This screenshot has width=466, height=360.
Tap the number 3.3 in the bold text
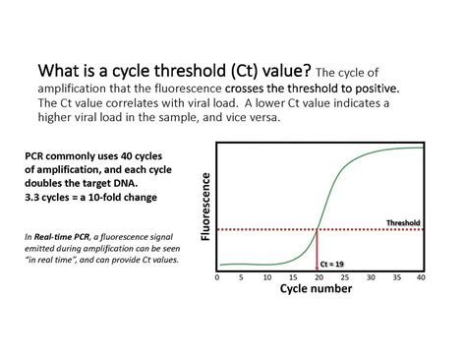tap(34, 197)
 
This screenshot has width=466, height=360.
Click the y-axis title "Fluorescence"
tap(205, 206)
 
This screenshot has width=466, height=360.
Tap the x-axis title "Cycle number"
tap(318, 290)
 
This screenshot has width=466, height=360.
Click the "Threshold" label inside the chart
tap(403, 222)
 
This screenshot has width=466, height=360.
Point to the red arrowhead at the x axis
tap(317, 267)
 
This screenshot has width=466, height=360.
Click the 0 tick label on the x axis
tap(216, 278)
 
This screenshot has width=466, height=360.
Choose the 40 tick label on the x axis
tap(421, 278)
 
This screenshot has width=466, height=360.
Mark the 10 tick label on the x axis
tap(266, 278)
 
